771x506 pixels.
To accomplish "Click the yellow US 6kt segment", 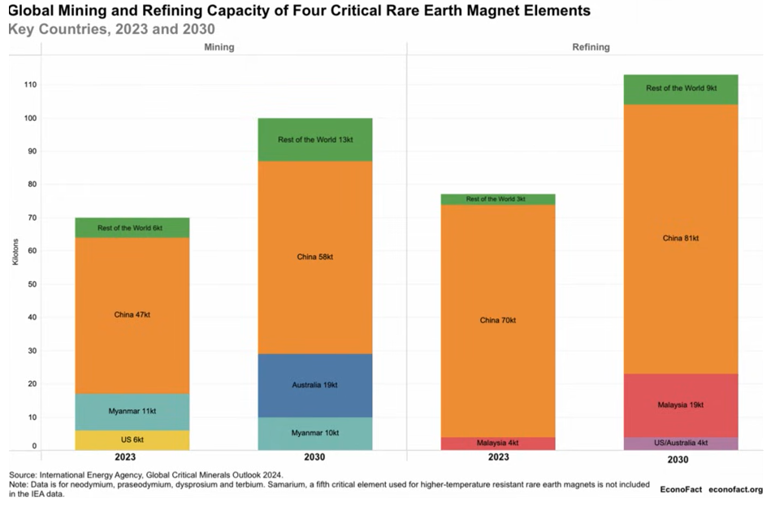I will click(132, 439).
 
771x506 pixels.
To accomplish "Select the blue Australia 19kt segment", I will click(314, 383).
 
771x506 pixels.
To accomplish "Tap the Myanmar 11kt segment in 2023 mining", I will click(132, 412).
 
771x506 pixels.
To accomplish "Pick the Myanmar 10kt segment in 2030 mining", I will click(314, 434).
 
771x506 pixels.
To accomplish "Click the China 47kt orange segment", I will click(132, 315).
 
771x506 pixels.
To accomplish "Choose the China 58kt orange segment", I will click(314, 257).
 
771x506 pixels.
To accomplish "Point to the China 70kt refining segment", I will click(498, 320).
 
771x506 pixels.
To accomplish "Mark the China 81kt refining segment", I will click(681, 238).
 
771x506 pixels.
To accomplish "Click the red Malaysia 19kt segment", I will click(681, 404).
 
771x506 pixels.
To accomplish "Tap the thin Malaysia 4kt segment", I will click(498, 443).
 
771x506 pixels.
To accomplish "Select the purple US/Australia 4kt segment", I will click(681, 443).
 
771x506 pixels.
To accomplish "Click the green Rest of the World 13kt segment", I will click(314, 140).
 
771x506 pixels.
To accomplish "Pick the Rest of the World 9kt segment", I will click(681, 89).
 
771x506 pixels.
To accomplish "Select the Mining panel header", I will click(219, 47).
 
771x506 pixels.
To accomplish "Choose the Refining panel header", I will click(591, 47).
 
